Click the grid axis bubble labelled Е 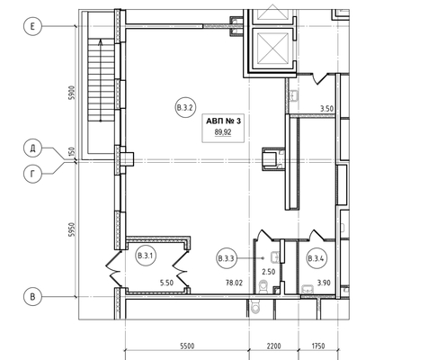click(32, 26)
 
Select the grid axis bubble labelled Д click(32, 148)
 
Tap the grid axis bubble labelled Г click(32, 174)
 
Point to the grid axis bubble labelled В click(32, 297)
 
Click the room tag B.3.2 click(185, 107)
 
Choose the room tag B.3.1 click(146, 256)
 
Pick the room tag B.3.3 click(227, 258)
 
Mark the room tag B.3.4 click(317, 258)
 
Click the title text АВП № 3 click(223, 121)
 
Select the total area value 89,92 click(223, 132)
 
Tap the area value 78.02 click(234, 283)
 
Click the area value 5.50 click(166, 283)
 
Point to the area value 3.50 click(326, 108)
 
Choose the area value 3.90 click(324, 283)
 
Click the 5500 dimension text click(187, 346)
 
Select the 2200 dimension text click(274, 346)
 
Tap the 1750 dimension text click(318, 346)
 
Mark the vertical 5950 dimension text click(71, 229)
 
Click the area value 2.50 click(269, 272)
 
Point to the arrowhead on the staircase click(101, 42)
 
